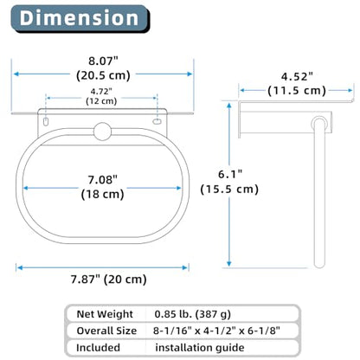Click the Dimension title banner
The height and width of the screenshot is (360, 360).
(x=80, y=19)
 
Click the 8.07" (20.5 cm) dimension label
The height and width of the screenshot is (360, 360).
(x=103, y=68)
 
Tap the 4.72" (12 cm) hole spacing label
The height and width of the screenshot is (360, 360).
(x=101, y=96)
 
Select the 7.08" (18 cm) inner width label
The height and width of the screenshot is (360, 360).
(x=103, y=187)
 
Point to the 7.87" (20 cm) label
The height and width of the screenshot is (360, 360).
(x=109, y=280)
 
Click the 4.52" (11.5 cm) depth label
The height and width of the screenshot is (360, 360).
(x=297, y=84)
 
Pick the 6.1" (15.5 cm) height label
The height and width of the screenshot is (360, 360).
(x=229, y=182)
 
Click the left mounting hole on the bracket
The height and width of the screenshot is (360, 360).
(x=46, y=121)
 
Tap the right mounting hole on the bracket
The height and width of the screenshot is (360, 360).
(x=157, y=121)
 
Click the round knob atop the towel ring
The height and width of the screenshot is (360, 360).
(x=102, y=132)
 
